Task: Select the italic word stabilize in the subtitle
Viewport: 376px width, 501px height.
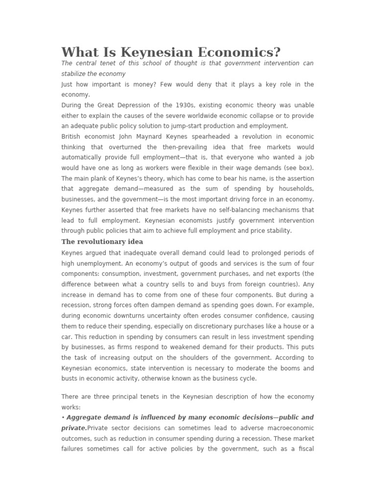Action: [74, 74]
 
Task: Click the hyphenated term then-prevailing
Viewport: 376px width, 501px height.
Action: [188, 147]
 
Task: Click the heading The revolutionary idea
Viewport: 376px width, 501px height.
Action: [102, 242]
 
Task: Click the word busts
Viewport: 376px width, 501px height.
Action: [70, 379]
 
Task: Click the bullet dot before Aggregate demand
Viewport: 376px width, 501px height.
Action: [63, 417]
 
